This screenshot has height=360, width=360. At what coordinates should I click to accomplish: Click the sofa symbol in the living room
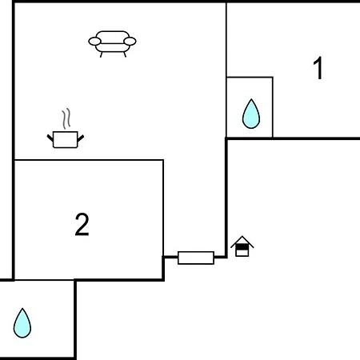click(x=112, y=44)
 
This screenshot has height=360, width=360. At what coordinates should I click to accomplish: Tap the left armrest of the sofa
click(x=94, y=42)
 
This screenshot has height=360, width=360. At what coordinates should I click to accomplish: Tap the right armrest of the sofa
click(x=130, y=42)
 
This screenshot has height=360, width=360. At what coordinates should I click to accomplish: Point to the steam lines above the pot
click(x=66, y=118)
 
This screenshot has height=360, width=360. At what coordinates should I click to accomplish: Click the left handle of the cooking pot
click(x=50, y=138)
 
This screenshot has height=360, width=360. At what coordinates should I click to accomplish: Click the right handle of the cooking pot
click(x=81, y=138)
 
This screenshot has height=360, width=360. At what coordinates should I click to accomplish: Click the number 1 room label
click(x=318, y=69)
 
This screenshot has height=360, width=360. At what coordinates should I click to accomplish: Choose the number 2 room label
click(x=82, y=224)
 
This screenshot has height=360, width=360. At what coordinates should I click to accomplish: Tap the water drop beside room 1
click(x=251, y=114)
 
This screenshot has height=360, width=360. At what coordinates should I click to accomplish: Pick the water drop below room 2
click(x=22, y=323)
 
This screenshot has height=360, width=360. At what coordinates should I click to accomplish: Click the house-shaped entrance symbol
click(x=242, y=246)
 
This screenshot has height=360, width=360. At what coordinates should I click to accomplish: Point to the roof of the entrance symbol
click(x=242, y=242)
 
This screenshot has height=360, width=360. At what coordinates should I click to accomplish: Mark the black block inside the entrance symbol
click(x=242, y=247)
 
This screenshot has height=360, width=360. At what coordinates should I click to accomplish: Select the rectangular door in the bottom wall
click(x=196, y=258)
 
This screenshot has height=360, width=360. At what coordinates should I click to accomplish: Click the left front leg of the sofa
click(x=102, y=54)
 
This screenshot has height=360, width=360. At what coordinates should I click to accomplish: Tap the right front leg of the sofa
click(x=125, y=54)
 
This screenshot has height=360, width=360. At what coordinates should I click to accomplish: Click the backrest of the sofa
click(x=112, y=37)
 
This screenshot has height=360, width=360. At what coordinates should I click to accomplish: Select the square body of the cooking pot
click(x=66, y=139)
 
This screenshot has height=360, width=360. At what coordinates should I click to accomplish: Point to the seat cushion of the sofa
click(x=112, y=47)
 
